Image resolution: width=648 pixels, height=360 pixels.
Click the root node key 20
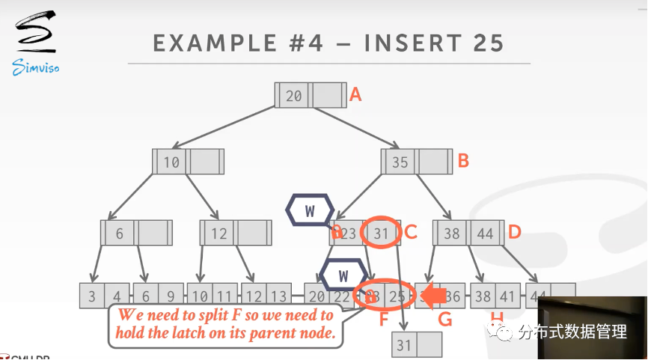pos(294,96)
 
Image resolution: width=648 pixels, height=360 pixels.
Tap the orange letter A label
pos(356,95)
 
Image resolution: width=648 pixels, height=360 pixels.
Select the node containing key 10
pos(188,162)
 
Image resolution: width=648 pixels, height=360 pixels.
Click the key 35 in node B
pos(400,162)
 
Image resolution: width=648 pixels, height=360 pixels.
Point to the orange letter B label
pos(463,160)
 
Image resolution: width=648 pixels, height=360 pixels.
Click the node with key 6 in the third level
pos(136,234)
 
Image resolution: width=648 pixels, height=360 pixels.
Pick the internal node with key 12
pos(235,234)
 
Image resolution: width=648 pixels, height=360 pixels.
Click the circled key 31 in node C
pos(382,234)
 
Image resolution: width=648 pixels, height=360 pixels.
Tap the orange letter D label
pos(514,232)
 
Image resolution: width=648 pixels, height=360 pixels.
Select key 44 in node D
pos(486,234)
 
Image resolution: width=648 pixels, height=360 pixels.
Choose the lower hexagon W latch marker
pos(343,275)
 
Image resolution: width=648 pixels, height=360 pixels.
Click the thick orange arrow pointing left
pos(432,296)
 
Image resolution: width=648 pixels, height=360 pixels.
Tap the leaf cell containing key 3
pos(92,296)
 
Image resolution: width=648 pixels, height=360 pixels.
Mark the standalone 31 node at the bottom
pos(417,345)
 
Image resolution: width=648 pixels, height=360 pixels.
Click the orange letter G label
pos(445,320)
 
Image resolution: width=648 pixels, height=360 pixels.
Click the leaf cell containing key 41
pos(507,296)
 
